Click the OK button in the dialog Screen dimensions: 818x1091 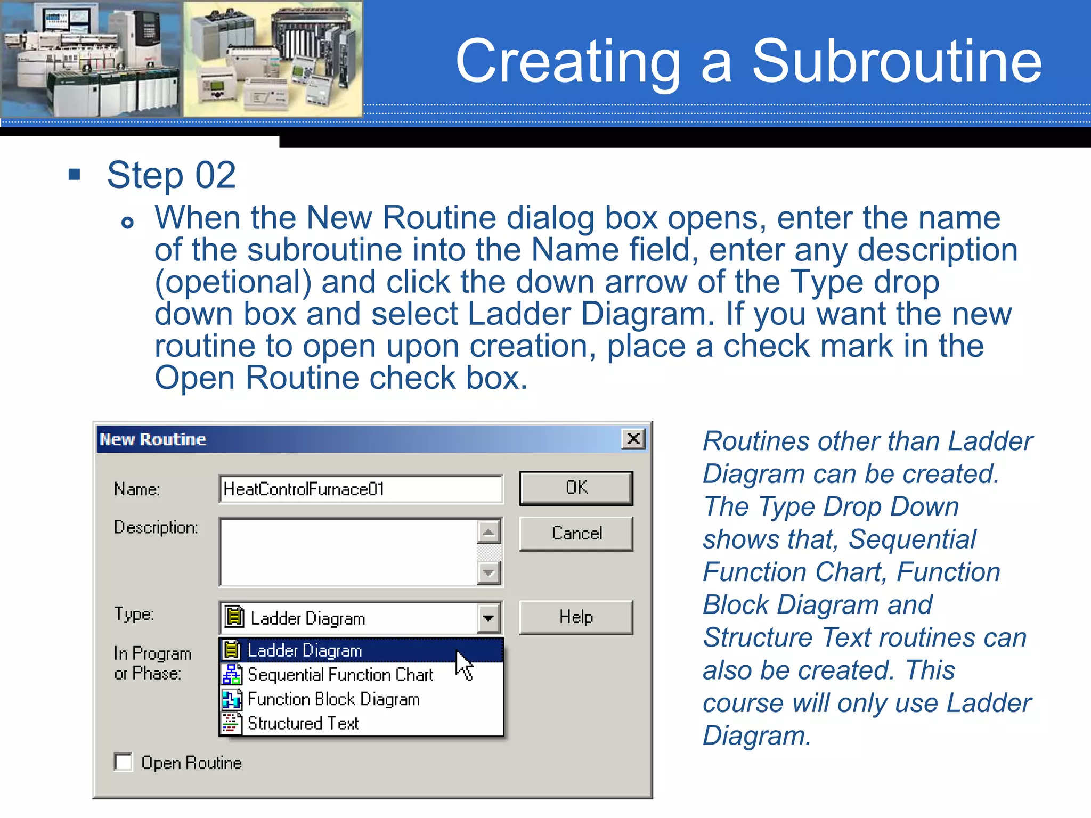coord(576,488)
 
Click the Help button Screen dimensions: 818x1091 coord(576,617)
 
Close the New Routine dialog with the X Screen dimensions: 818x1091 coord(633,439)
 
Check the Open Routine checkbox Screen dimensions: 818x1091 coord(124,762)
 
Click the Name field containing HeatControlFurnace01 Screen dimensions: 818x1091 coord(360,489)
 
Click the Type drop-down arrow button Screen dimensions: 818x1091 coord(488,618)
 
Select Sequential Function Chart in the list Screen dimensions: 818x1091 coord(340,675)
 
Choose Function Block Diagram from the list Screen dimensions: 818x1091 coord(333,699)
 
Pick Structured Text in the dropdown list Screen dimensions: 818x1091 coord(303,723)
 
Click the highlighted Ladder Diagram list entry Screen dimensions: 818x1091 coord(305,650)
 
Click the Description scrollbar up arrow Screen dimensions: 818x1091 coord(488,531)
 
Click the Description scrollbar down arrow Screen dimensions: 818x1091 coord(488,574)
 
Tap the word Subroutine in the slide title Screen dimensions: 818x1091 coord(897,62)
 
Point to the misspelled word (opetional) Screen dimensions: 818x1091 coord(233,282)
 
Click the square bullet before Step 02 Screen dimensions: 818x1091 coord(75,174)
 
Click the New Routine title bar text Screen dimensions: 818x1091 coord(153,439)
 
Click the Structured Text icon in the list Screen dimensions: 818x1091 coord(231,723)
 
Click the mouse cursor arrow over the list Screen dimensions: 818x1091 coord(463,664)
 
